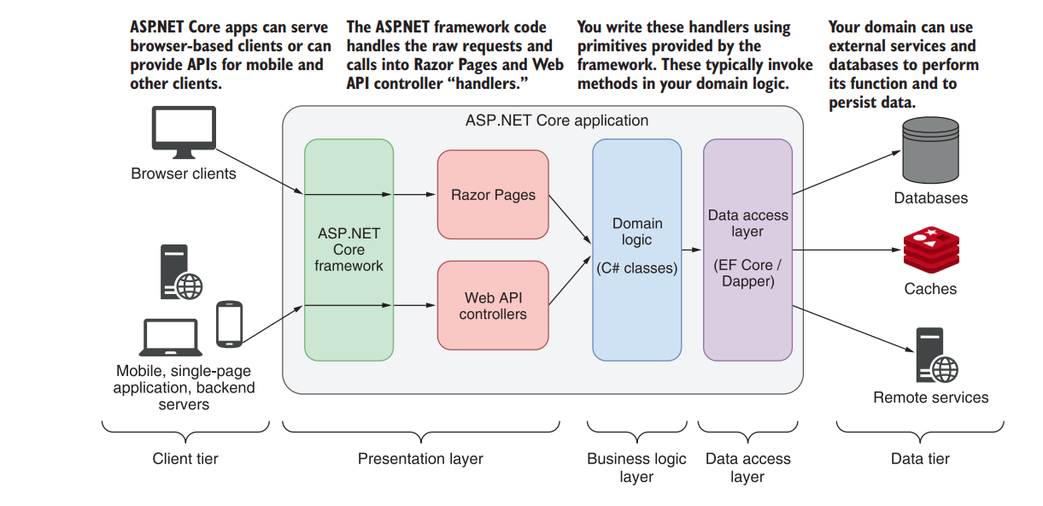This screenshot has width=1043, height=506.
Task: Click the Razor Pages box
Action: pyautogui.click(x=493, y=195)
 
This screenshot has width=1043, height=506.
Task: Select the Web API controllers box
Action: pyautogui.click(x=493, y=306)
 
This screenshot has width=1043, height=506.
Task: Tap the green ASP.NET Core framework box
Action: pyautogui.click(x=349, y=250)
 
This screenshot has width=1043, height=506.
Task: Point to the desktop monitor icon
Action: pyautogui.click(x=183, y=132)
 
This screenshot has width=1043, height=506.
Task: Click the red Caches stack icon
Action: pyautogui.click(x=931, y=249)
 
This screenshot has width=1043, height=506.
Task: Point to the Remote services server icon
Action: pyautogui.click(x=934, y=356)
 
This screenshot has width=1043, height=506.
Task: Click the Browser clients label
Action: pyautogui.click(x=183, y=174)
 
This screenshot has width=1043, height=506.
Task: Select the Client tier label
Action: pyautogui.click(x=185, y=459)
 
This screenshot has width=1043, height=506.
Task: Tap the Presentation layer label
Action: pyautogui.click(x=420, y=459)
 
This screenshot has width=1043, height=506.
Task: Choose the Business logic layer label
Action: pyautogui.click(x=636, y=468)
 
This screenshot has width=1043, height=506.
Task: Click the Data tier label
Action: pyautogui.click(x=920, y=459)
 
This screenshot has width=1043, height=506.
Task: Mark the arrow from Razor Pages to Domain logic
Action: pyautogui.click(x=570, y=218)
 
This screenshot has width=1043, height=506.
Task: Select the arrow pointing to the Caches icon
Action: pyautogui.click(x=846, y=250)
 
